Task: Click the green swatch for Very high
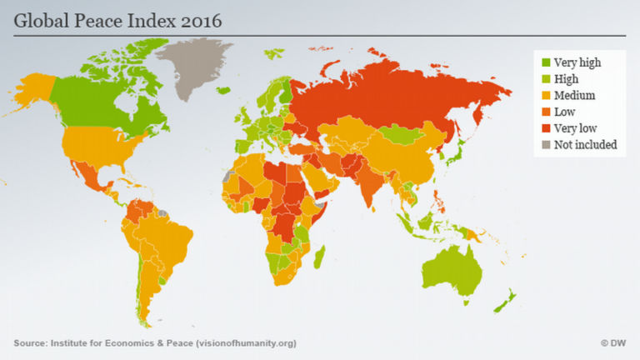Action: coord(546,62)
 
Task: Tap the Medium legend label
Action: coord(574,95)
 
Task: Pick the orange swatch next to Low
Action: coord(546,112)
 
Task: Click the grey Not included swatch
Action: coord(546,145)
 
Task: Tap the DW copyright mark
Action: coord(612,343)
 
